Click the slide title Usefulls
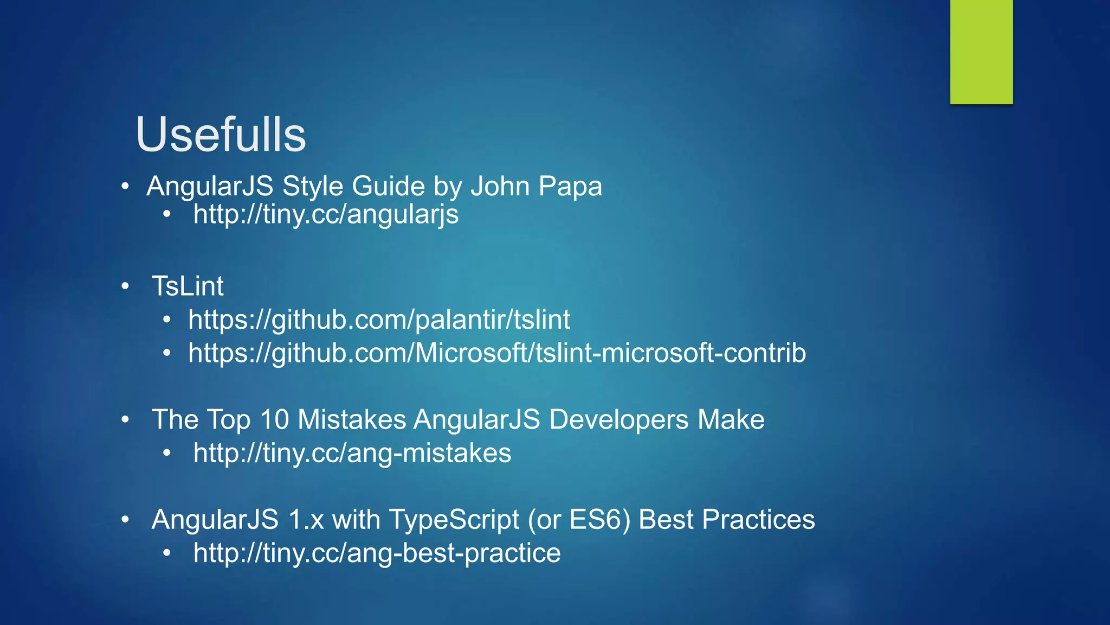click(221, 135)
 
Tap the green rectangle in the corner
click(981, 52)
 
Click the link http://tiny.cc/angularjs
click(326, 214)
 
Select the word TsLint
click(188, 286)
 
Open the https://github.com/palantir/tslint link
click(379, 320)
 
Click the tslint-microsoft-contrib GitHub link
click(497, 353)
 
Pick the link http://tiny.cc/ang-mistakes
click(352, 453)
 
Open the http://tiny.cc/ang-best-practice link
click(377, 553)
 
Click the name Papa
click(570, 186)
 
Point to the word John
click(500, 186)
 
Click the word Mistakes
click(352, 419)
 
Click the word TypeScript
click(454, 519)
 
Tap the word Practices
click(758, 519)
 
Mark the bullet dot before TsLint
click(125, 286)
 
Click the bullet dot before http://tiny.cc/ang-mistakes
click(167, 452)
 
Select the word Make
click(731, 419)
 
